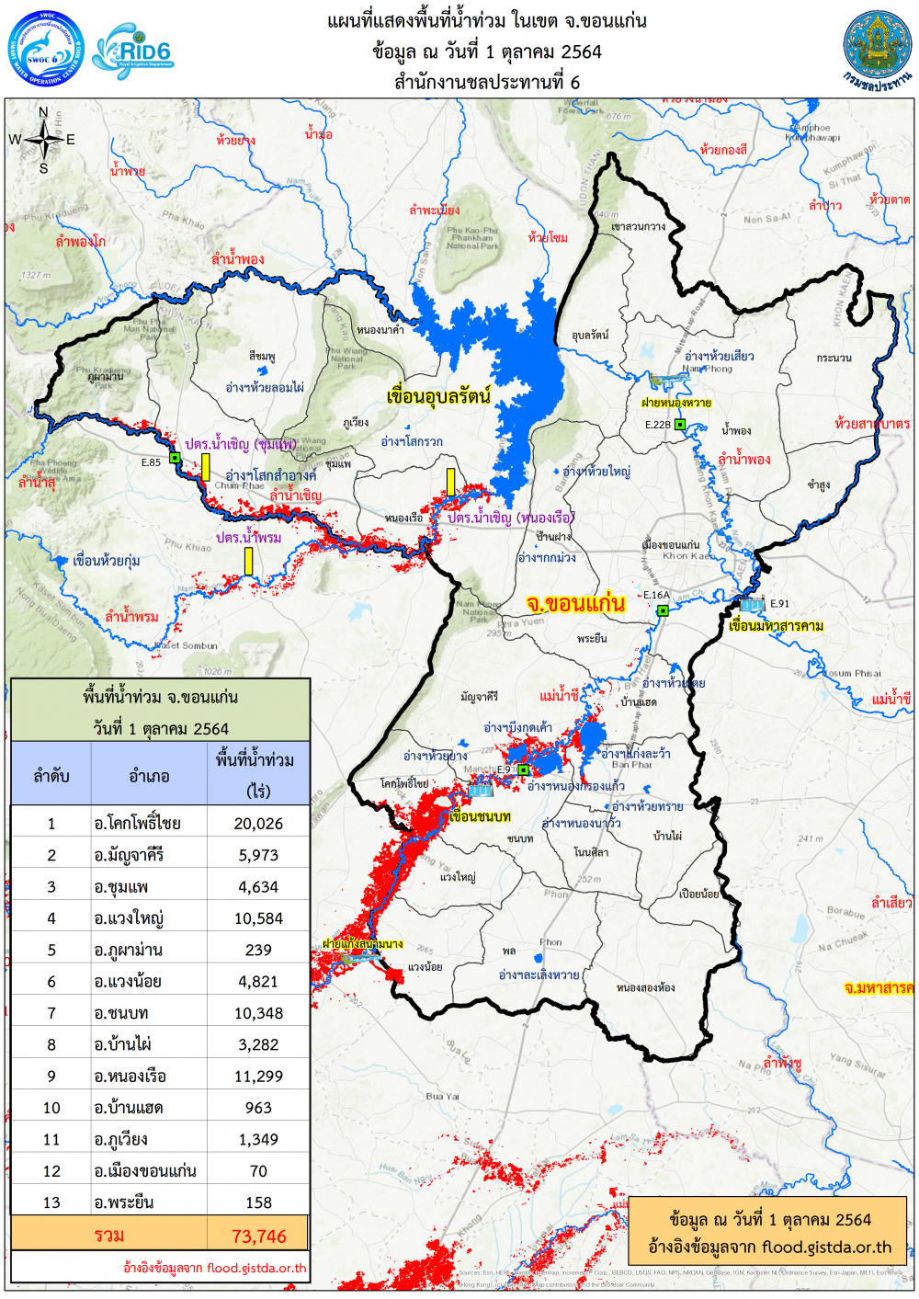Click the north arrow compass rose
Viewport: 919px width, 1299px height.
[x=43, y=141]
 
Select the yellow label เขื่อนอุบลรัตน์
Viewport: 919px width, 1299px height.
[x=438, y=397]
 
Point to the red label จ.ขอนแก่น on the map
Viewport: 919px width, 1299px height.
[x=575, y=604]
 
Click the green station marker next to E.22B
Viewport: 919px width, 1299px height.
[x=680, y=424]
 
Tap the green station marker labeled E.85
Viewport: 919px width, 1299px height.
[x=175, y=458]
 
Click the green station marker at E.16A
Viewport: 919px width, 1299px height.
[x=662, y=610]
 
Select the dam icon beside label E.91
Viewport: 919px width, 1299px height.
[x=752, y=605]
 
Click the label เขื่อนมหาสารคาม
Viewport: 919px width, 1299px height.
[x=776, y=626]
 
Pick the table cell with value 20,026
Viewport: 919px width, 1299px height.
[x=258, y=824]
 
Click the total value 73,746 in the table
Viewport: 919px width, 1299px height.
[x=258, y=1236]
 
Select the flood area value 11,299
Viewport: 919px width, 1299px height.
[x=258, y=1077]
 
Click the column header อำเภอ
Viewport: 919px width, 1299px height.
[x=149, y=776]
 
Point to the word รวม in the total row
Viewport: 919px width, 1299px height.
[x=108, y=1236]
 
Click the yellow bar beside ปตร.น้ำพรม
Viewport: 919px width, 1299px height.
[x=248, y=561]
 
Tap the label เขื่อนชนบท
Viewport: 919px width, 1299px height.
[x=480, y=816]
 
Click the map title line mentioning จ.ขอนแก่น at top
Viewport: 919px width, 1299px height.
[x=487, y=21]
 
